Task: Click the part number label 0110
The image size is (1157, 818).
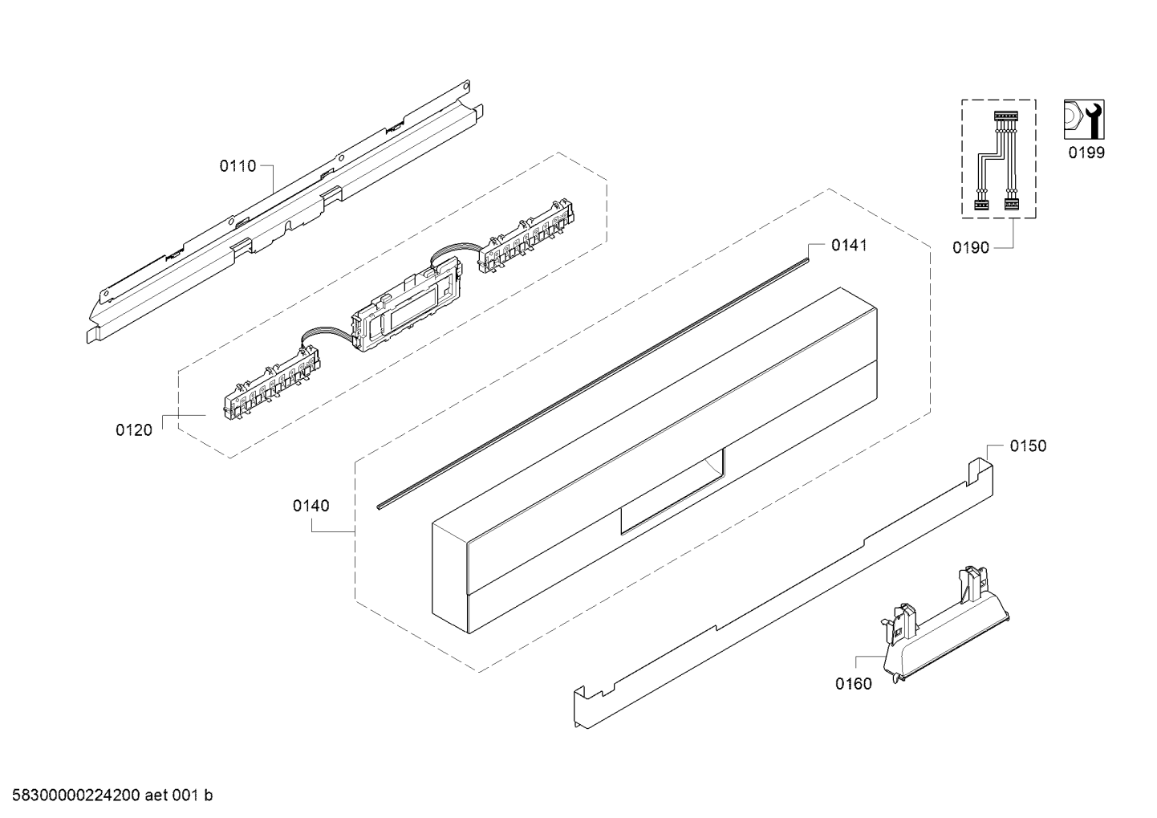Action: [237, 166]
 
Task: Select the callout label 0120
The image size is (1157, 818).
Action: [134, 430]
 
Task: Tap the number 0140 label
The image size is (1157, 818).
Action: [311, 506]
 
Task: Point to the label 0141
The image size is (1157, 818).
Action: [849, 245]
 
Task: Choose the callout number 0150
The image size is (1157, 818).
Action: [1029, 446]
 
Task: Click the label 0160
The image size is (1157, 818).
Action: [854, 684]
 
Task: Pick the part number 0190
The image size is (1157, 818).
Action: [971, 248]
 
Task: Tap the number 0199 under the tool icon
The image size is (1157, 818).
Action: [1086, 153]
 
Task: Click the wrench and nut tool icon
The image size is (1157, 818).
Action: [1084, 120]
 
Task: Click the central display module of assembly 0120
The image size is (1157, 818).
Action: [406, 304]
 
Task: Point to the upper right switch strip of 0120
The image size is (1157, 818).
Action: [526, 236]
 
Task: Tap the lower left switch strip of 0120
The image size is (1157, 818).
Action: [270, 383]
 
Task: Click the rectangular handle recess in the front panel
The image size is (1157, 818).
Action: [672, 491]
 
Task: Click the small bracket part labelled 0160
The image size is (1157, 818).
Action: [946, 625]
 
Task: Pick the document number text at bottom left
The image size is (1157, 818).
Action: [112, 796]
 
